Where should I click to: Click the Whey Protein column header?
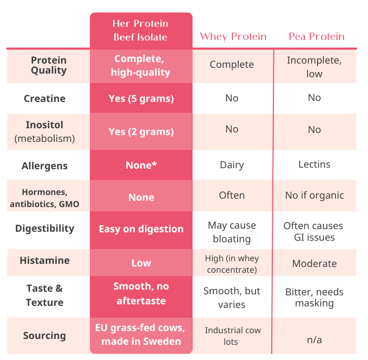pyautogui.click(x=233, y=36)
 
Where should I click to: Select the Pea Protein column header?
pyautogui.click(x=316, y=36)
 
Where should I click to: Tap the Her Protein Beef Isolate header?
pyautogui.click(x=140, y=30)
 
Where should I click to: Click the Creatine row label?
pyautogui.click(x=45, y=98)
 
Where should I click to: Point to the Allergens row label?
pyautogui.click(x=45, y=166)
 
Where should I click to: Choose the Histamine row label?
pyautogui.click(x=45, y=261)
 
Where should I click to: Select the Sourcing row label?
pyautogui.click(x=45, y=335)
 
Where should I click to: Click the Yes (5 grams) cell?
pyautogui.click(x=141, y=98)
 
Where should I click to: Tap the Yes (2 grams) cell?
pyautogui.click(x=141, y=131)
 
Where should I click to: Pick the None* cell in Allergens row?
pyautogui.click(x=141, y=166)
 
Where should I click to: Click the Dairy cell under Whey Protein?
pyautogui.click(x=232, y=165)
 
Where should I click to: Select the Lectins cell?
pyautogui.click(x=314, y=164)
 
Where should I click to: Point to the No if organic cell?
pyautogui.click(x=314, y=196)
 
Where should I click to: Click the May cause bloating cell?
pyautogui.click(x=232, y=232)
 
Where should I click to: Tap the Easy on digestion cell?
pyautogui.click(x=141, y=229)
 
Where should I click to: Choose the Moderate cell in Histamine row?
pyautogui.click(x=314, y=264)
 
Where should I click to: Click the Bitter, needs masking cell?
pyautogui.click(x=314, y=297)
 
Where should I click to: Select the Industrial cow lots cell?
pyautogui.click(x=232, y=336)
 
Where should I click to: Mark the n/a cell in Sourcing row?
pyautogui.click(x=314, y=340)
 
